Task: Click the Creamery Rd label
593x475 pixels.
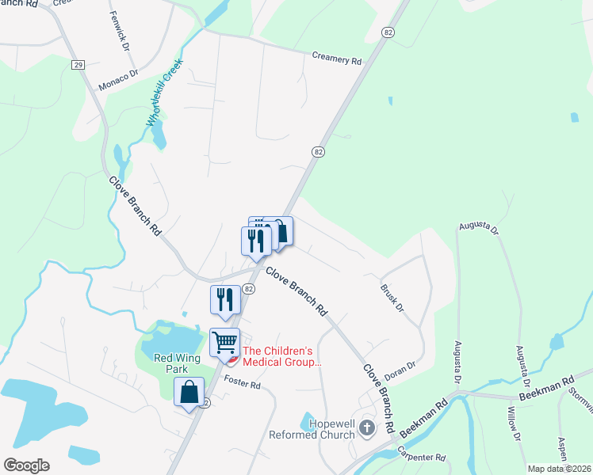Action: pyautogui.click(x=337, y=59)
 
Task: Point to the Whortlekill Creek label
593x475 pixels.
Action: pyautogui.click(x=164, y=92)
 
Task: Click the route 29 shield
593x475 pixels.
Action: pyautogui.click(x=78, y=65)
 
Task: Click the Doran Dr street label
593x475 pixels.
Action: pyautogui.click(x=400, y=368)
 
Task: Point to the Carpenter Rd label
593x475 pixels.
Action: pyautogui.click(x=423, y=458)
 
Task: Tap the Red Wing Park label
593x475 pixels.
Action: pyautogui.click(x=175, y=363)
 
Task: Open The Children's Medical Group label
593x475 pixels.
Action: pyautogui.click(x=282, y=356)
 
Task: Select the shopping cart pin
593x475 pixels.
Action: pyautogui.click(x=225, y=343)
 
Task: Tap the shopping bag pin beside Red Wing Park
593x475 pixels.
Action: pyautogui.click(x=189, y=392)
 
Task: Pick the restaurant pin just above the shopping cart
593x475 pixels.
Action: pyautogui.click(x=225, y=300)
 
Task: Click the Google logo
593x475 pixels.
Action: pyautogui.click(x=26, y=465)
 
